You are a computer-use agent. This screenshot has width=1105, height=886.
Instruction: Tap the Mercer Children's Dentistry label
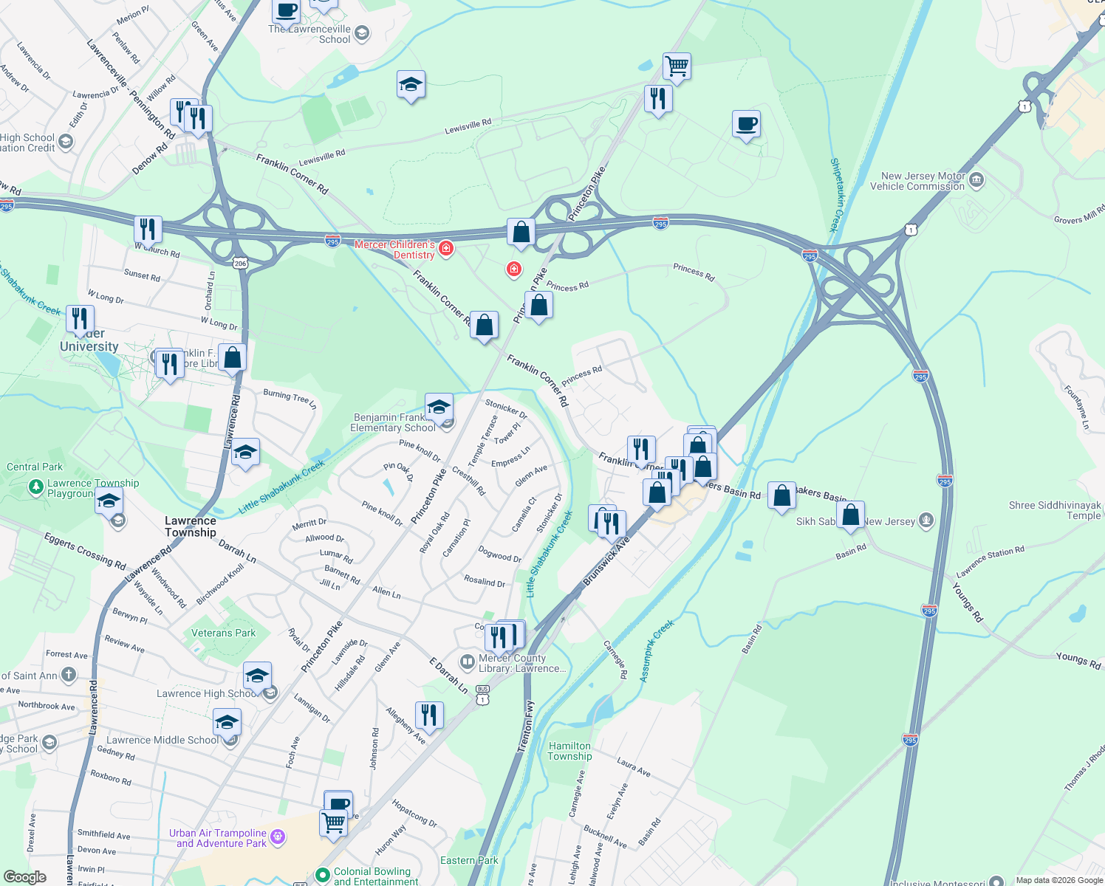coord(395,250)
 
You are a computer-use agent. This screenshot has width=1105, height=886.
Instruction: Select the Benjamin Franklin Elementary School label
coord(392,423)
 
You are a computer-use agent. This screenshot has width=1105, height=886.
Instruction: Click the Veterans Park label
coord(223,633)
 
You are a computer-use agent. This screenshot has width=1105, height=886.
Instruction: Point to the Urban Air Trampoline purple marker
coord(278,837)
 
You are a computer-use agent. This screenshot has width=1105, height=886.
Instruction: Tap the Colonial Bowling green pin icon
coord(322,875)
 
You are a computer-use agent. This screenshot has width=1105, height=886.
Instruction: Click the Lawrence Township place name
coord(191,526)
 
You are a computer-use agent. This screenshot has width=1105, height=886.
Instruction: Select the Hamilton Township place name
coord(569,751)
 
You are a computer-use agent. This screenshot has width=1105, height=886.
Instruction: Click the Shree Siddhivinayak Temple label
coord(1055,510)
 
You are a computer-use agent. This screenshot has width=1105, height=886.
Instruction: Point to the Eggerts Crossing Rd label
coord(85,552)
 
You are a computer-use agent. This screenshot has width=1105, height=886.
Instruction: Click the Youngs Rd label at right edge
coord(1078,660)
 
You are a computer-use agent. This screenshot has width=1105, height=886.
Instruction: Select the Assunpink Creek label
coord(656,650)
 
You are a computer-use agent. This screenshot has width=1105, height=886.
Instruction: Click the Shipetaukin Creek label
coord(837,195)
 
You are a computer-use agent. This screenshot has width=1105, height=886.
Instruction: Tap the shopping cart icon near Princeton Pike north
coord(677,66)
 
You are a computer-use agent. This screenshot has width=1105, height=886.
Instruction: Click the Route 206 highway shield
coord(239,263)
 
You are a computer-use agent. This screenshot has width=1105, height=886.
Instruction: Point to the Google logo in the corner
coord(25,876)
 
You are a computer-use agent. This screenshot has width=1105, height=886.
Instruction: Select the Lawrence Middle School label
coord(162,740)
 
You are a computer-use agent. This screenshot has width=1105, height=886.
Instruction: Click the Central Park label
coord(35,467)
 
